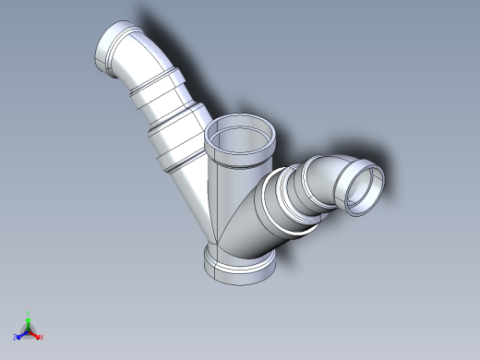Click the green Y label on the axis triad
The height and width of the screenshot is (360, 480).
pos(29,313)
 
